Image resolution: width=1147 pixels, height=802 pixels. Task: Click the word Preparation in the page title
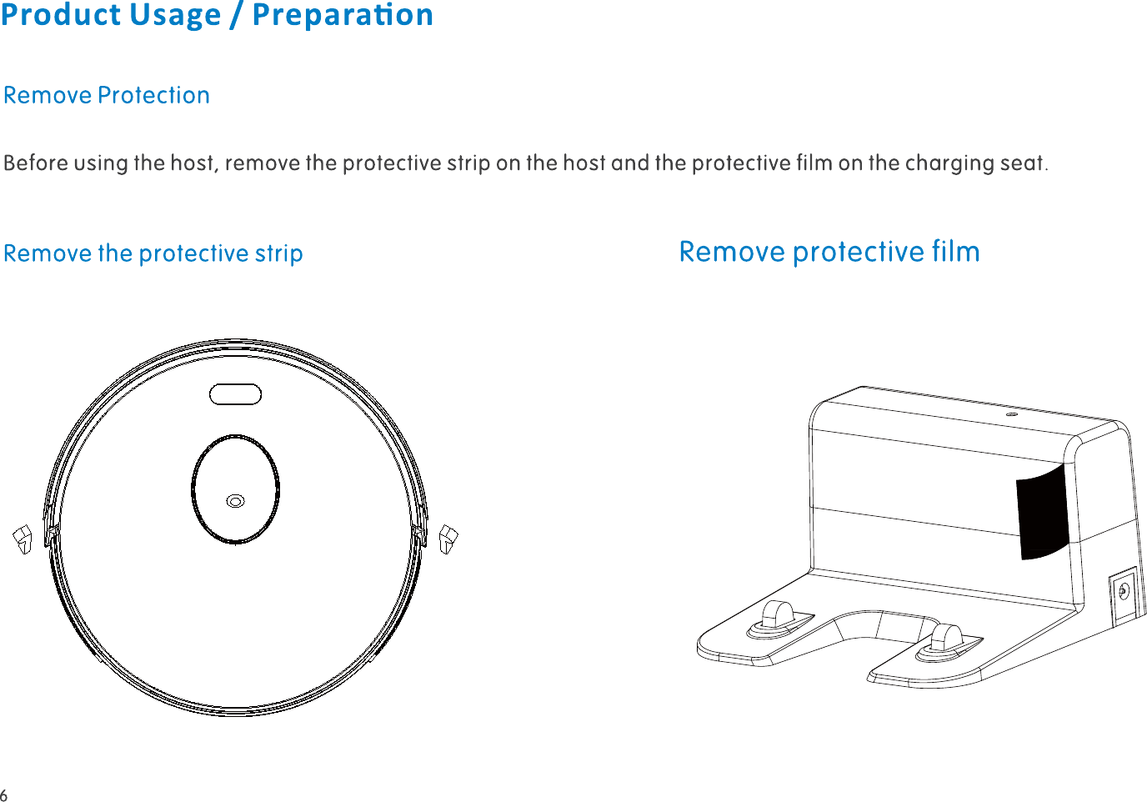click(343, 15)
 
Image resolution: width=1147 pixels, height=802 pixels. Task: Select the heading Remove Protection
click(107, 95)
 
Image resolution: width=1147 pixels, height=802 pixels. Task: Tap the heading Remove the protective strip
click(153, 253)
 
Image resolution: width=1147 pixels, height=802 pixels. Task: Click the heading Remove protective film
click(829, 251)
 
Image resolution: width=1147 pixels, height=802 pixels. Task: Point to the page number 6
click(4, 794)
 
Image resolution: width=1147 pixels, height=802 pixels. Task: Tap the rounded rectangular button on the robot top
click(235, 394)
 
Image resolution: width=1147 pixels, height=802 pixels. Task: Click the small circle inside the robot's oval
click(236, 501)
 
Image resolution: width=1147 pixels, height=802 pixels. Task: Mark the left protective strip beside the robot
click(23, 539)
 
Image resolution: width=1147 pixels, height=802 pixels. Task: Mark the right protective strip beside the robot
click(448, 539)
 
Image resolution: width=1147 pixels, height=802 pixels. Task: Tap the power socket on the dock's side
click(1123, 591)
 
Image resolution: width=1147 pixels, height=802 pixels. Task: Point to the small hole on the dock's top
click(1010, 414)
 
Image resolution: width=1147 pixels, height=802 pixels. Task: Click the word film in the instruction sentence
click(814, 163)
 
